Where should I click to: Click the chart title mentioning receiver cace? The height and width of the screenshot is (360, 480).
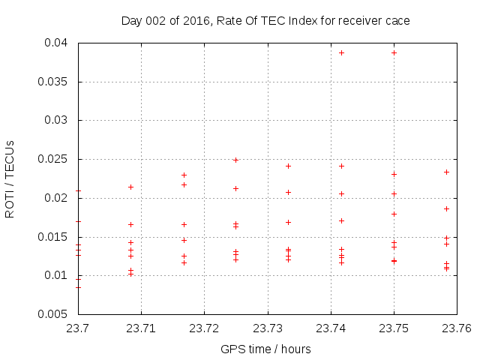point(265,21)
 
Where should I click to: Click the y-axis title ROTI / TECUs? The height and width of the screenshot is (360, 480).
point(10,178)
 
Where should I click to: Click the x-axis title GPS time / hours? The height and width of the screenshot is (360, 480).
point(265,349)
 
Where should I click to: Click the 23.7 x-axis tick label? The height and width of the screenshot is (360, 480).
point(78,328)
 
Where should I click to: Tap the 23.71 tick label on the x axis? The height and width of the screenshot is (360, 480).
point(141,328)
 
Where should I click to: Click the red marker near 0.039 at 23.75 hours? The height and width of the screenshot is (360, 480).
point(394,52)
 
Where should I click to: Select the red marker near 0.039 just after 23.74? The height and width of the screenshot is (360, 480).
point(341,52)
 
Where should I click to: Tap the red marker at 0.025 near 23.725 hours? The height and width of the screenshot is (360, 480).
point(235,160)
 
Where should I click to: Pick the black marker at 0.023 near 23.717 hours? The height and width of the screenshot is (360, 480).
point(184,175)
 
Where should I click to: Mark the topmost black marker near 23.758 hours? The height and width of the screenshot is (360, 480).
point(446,172)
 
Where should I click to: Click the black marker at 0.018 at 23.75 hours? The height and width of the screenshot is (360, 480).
point(394,214)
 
